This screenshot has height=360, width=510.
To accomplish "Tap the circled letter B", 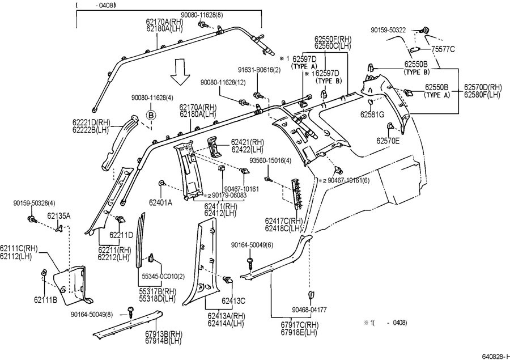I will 151,115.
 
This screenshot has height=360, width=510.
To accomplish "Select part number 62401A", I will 161,201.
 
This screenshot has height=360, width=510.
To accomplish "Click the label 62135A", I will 58,216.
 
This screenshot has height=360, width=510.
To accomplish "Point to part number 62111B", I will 45,299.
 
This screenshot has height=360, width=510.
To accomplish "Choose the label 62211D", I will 121,235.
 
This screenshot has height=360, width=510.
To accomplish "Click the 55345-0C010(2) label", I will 163,276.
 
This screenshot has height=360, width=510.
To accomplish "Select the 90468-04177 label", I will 309,310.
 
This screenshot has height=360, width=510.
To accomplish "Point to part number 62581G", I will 372,114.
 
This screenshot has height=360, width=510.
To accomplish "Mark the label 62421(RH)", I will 248,142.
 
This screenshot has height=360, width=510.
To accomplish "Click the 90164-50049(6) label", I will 252,245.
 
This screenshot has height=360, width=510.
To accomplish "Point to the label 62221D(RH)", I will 91,122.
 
